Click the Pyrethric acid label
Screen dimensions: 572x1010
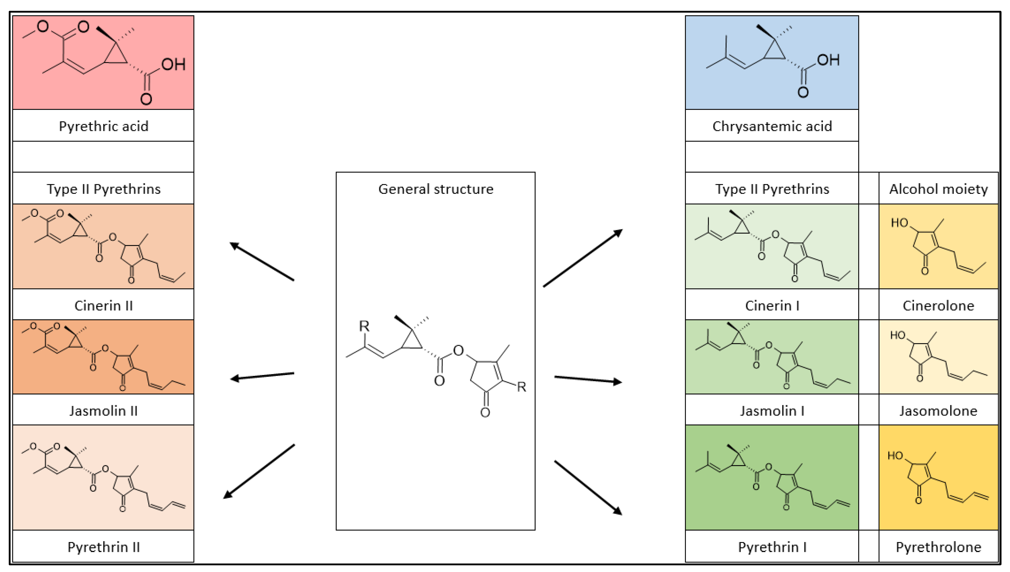103,126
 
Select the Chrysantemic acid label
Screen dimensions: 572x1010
772,126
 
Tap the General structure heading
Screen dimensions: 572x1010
435,189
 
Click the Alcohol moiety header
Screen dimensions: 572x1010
938,189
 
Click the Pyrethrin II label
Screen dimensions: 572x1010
103,547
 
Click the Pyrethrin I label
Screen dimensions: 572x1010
772,547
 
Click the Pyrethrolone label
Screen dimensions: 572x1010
938,547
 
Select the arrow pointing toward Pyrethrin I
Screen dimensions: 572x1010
588,487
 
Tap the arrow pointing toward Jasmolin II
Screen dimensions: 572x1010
262,376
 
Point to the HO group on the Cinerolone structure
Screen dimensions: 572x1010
899,223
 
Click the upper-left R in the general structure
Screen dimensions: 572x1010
364,326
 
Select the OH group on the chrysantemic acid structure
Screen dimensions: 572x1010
828,60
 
